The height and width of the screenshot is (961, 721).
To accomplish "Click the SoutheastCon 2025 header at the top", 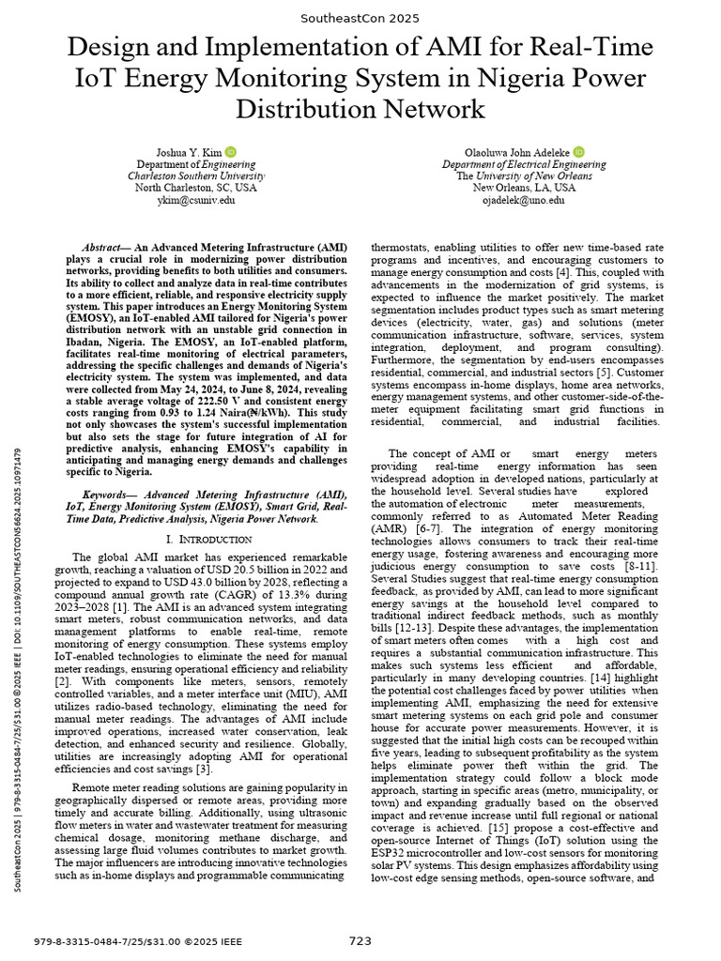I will click(x=360, y=18).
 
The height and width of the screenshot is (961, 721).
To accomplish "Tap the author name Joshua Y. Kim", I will click(x=187, y=152).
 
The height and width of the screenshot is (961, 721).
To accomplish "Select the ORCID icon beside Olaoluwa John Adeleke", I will click(x=579, y=152).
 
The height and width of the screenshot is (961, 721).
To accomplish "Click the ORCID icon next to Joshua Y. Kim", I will click(x=230, y=152).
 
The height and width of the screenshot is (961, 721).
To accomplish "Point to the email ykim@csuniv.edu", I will click(x=194, y=199).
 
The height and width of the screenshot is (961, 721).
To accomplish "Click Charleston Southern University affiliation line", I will click(x=194, y=175).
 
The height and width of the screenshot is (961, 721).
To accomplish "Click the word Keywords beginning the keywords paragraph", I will click(x=103, y=493).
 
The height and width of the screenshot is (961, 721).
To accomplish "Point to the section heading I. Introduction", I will click(x=208, y=539).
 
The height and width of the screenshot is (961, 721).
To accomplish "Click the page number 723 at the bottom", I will click(x=360, y=940).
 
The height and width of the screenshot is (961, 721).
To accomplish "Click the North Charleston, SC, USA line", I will click(x=194, y=187).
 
